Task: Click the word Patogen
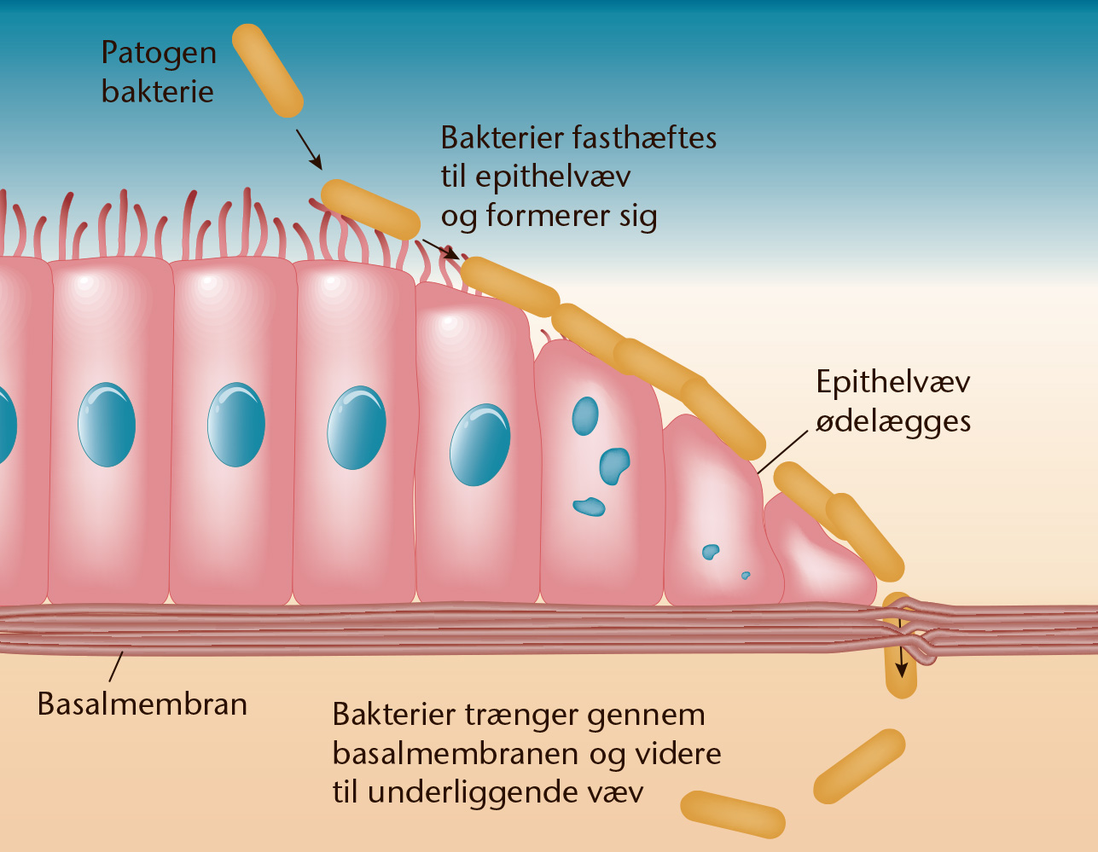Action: tap(159, 54)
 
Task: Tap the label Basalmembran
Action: tap(142, 704)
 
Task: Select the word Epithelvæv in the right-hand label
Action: tap(893, 382)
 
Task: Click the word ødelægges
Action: tap(893, 422)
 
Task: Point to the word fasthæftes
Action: tap(644, 138)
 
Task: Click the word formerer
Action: tap(549, 216)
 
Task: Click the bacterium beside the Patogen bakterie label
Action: tap(268, 70)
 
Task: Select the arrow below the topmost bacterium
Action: tap(309, 149)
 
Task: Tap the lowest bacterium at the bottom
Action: tap(733, 814)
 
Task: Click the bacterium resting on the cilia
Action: tap(370, 209)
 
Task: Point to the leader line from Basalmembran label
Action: tap(116, 667)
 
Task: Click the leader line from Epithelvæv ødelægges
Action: tap(782, 452)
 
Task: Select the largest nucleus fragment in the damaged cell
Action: tap(614, 466)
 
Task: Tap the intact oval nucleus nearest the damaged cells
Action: tap(479, 445)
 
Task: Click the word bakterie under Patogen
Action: tap(158, 92)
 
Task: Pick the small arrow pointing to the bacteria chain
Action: tap(440, 249)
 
